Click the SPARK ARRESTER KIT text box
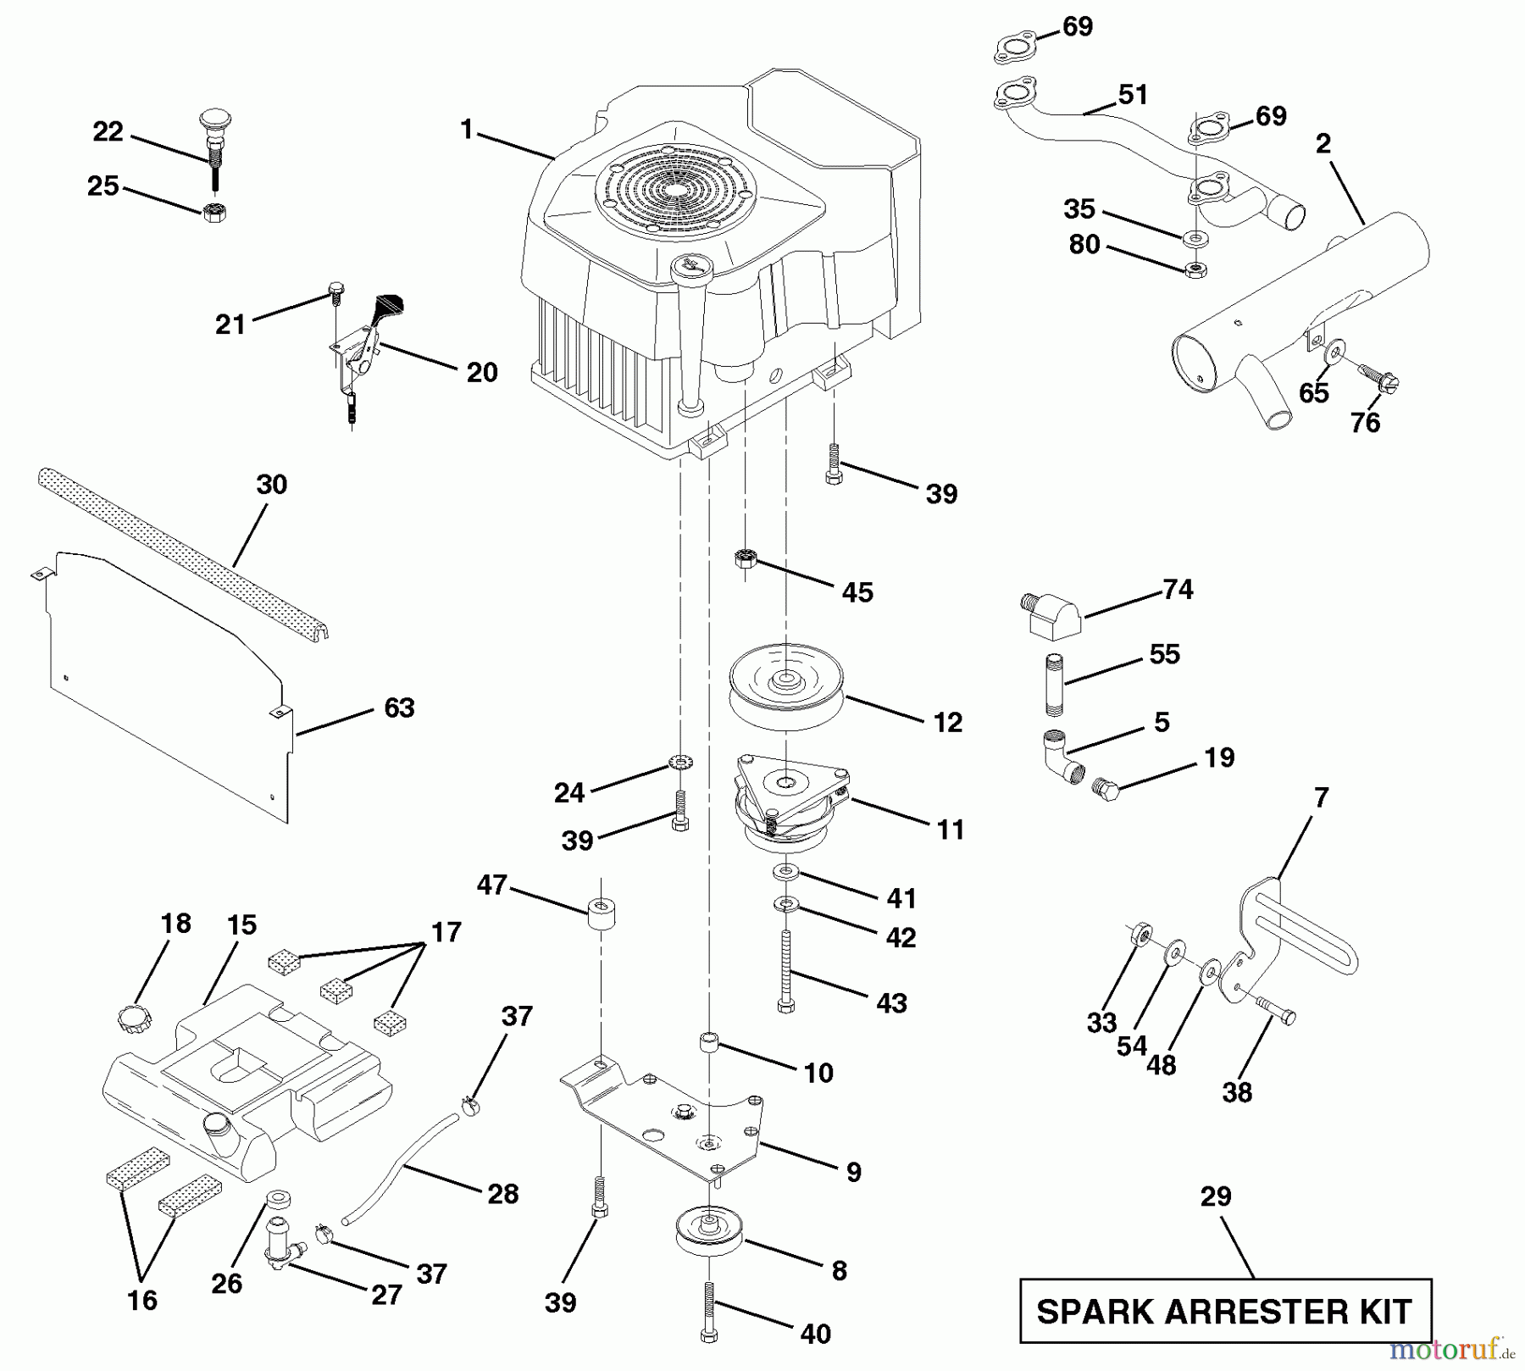coord(1225,1311)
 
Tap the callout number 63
coord(399,708)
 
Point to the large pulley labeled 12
coord(787,683)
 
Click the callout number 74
coord(1178,589)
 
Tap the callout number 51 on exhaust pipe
coord(1133,95)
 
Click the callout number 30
coord(271,485)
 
